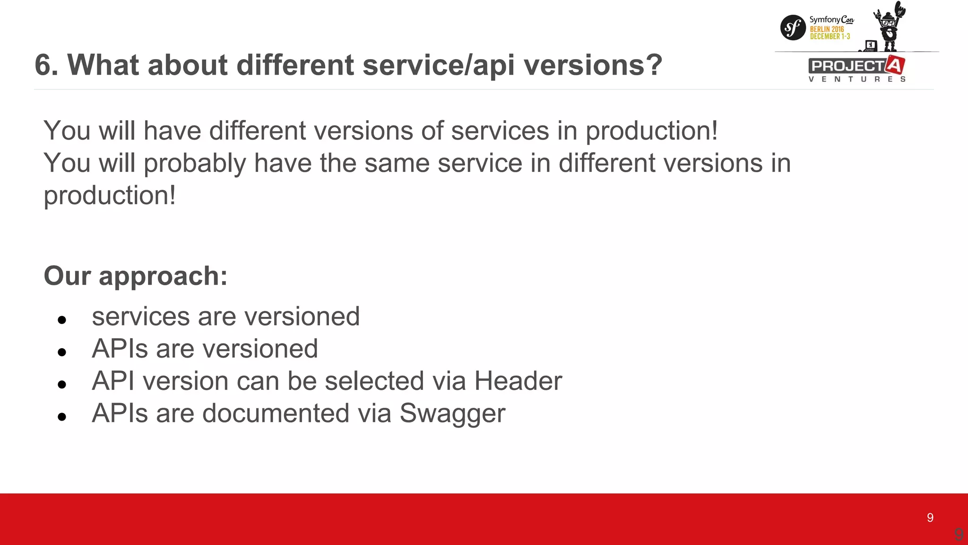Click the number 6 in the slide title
click(43, 65)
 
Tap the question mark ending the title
click(654, 65)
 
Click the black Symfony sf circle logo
click(793, 27)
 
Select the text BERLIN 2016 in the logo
click(827, 29)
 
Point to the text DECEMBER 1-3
click(830, 36)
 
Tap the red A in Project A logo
click(895, 65)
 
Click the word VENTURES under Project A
click(856, 79)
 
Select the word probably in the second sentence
click(195, 163)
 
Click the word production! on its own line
click(110, 195)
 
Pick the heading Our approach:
click(136, 276)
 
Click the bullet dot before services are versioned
click(62, 320)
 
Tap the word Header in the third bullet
click(518, 381)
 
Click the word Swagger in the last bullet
click(452, 413)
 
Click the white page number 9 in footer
click(930, 518)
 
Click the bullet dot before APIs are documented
click(62, 417)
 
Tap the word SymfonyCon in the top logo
click(831, 19)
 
